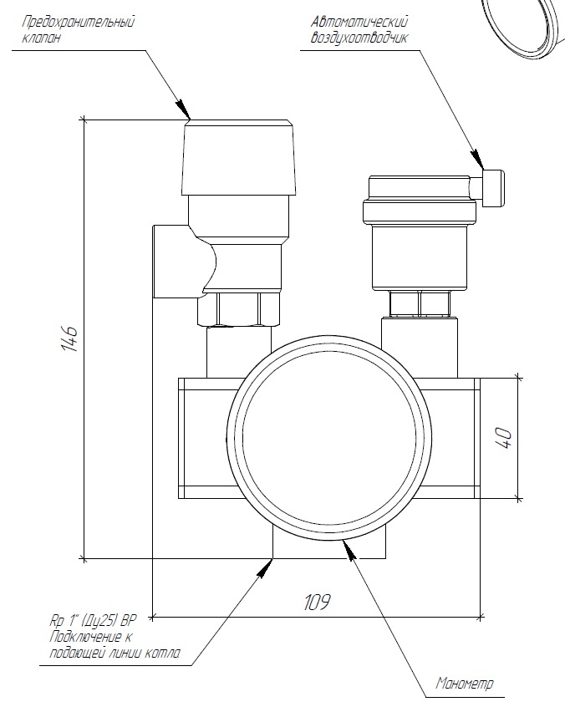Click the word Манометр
[466, 684]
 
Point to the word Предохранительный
[79, 23]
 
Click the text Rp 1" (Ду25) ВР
[92, 621]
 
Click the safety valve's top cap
[239, 155]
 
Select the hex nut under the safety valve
[240, 308]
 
